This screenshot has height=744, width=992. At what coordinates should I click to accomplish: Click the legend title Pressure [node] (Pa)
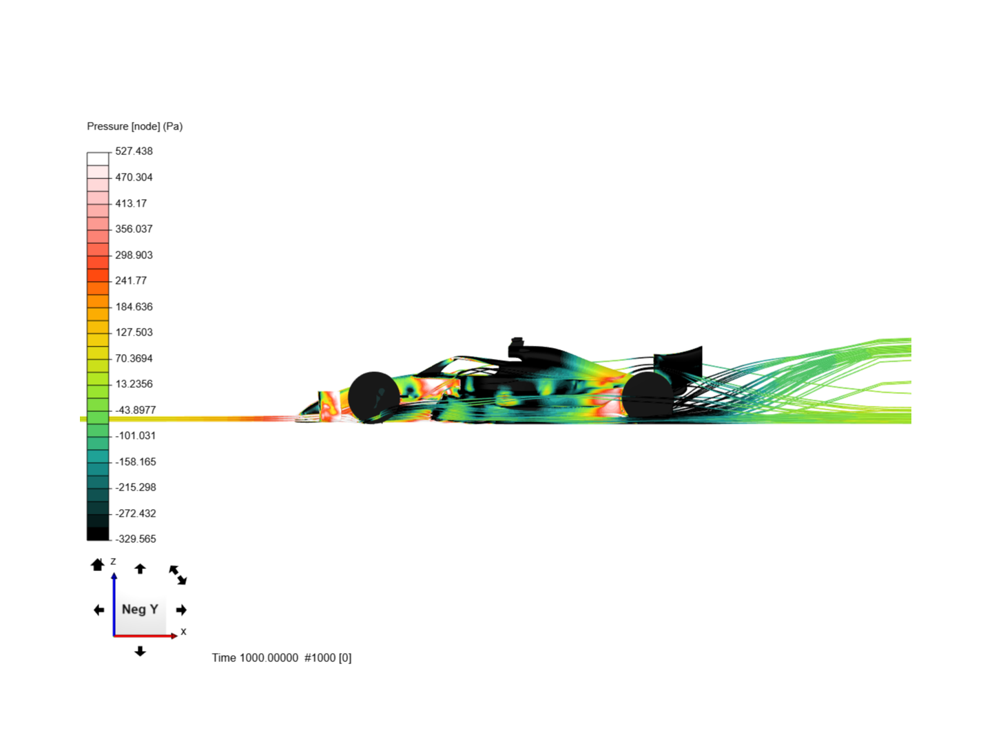coord(134,127)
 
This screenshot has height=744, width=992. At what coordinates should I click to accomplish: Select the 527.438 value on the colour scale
coord(134,152)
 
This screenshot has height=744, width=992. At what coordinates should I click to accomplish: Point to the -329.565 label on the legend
coord(136,539)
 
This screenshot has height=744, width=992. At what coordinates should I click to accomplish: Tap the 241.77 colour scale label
coord(131,280)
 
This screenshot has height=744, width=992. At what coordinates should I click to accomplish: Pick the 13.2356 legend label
coord(134,384)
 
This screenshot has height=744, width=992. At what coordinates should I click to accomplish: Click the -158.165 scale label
coord(136,462)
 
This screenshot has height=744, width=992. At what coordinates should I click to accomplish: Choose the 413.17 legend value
coord(131,203)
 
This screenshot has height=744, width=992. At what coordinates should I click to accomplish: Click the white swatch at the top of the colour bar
coord(98,159)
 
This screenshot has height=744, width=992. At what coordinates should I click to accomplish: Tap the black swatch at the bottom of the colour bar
coord(98,534)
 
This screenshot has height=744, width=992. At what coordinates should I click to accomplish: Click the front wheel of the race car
coord(374,397)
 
